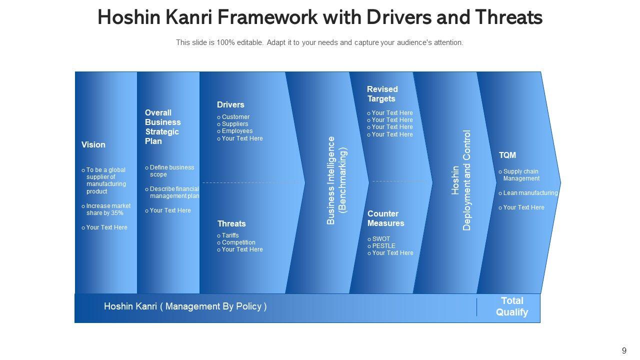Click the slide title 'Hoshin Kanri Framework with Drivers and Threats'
coord(320,17)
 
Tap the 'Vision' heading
coord(93,145)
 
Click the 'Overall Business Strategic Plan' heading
coord(163,127)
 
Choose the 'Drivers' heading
coord(230,105)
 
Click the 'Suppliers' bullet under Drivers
coord(234,124)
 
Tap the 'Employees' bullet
coord(237,131)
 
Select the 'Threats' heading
coord(231,223)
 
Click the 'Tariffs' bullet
coord(230,235)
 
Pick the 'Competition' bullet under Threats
coord(238,242)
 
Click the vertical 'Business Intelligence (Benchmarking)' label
coord(336,180)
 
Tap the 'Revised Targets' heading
coord(382,94)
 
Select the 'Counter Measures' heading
coord(385,218)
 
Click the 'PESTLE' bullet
coord(383,246)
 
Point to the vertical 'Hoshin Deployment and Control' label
coord(461,180)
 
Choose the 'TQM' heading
coord(507,155)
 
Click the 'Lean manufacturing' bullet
coord(530,193)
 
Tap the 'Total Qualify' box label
coord(512,306)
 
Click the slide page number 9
coord(624,351)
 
